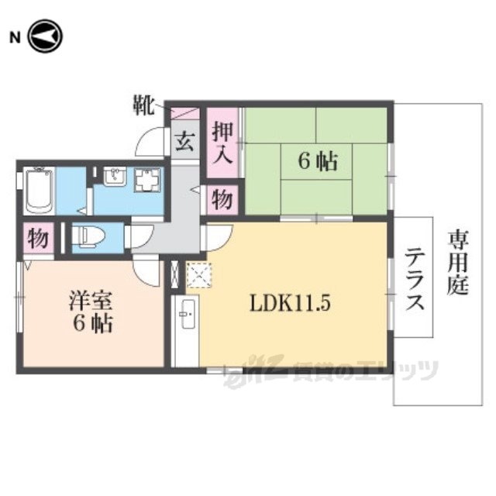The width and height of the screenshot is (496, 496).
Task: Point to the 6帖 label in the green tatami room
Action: point(318,161)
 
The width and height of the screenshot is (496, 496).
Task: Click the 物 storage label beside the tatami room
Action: point(222,200)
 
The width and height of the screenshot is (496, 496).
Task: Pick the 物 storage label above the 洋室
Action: point(36,237)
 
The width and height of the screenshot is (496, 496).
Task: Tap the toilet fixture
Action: point(86,236)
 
